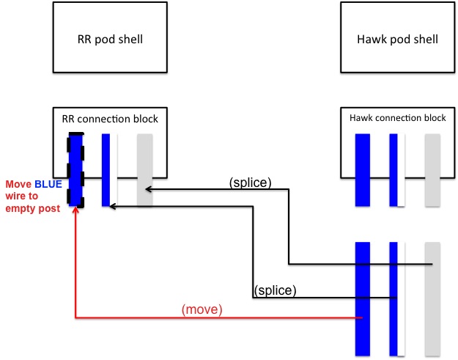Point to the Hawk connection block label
[396, 117]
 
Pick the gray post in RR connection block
[144, 169]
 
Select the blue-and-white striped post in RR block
[107, 169]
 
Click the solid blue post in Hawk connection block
[362, 169]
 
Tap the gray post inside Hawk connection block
[432, 169]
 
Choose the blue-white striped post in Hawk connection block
[394, 169]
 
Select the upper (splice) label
[250, 183]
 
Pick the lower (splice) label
[275, 290]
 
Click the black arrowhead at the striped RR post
[112, 207]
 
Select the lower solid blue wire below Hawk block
[362, 296]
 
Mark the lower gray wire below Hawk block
[432, 296]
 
